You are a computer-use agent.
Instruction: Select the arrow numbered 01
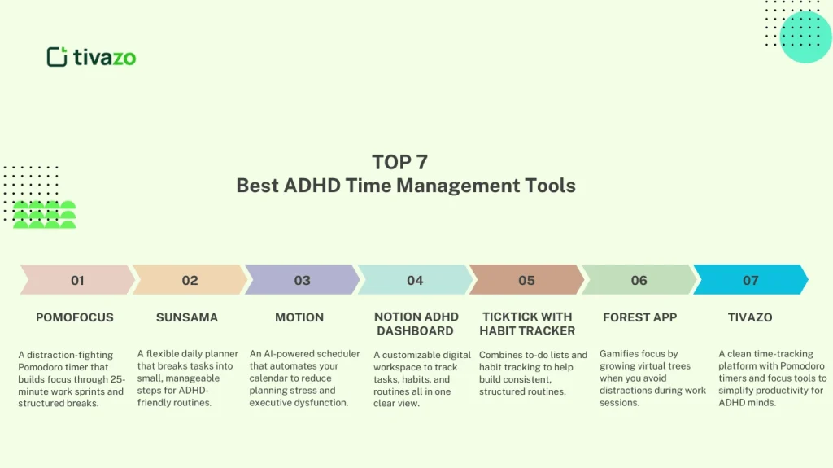coord(77,280)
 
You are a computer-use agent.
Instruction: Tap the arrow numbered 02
coord(190,280)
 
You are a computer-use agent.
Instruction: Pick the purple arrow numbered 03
coord(302,280)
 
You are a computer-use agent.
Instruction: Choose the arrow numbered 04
coord(415,280)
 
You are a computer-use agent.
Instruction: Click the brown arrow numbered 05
coord(526,280)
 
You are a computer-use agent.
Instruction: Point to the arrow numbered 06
coord(639,280)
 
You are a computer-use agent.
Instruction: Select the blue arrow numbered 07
coord(750,280)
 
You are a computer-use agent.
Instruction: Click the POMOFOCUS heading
coord(75,317)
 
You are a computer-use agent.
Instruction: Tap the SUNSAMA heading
coord(187,317)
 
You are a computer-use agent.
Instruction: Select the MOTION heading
coord(299,317)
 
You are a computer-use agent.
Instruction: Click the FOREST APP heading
coord(639,317)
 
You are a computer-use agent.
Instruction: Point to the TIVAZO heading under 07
coord(750,317)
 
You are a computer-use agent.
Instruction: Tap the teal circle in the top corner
coord(805,37)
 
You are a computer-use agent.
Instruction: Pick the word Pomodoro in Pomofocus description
coord(41,367)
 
